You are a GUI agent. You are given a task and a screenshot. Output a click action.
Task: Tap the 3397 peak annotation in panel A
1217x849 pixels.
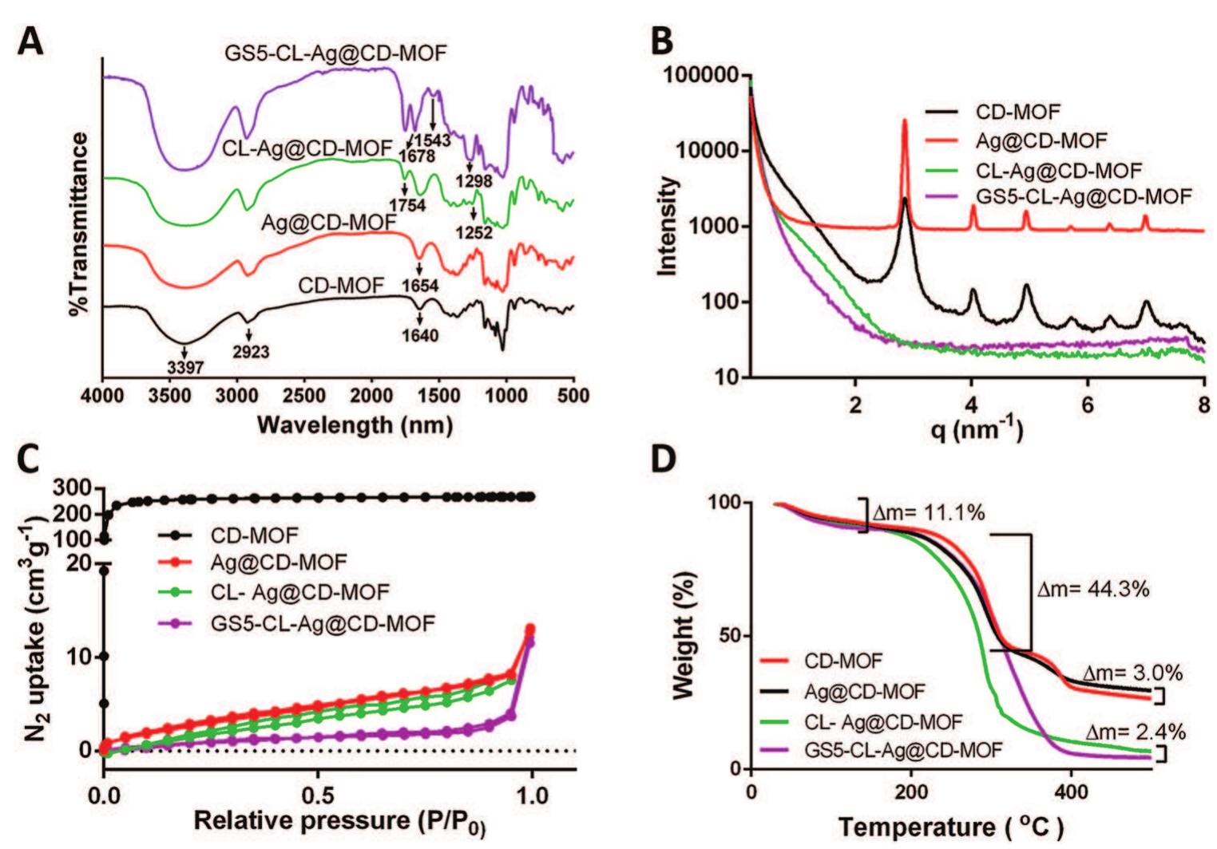point(185,368)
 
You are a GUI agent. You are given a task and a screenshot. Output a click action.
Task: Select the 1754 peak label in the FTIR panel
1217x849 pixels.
point(407,206)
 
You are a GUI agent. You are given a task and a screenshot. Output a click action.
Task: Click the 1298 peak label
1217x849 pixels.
point(474,181)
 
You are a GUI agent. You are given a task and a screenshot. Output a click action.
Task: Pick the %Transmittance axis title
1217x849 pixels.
point(80,223)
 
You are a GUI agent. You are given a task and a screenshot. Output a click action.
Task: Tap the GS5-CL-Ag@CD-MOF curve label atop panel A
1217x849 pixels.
point(335,53)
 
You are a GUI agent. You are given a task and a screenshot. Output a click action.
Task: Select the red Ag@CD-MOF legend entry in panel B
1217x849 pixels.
point(1041,141)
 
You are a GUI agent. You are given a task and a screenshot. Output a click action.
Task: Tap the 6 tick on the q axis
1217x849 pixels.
point(1088,405)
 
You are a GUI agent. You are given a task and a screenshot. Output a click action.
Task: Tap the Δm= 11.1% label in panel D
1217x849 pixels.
point(928,513)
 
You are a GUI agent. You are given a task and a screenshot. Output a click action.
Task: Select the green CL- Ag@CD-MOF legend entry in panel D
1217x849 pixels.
point(882,721)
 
